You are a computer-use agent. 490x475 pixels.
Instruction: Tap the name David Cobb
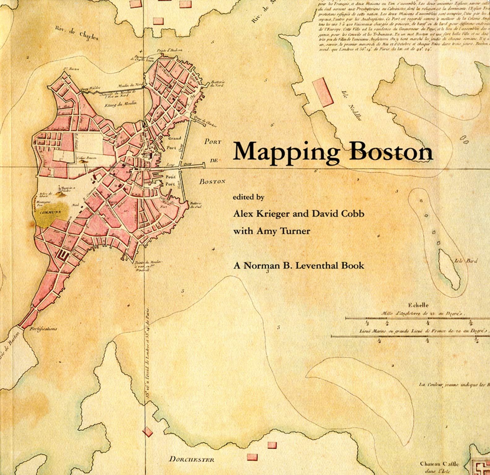338,214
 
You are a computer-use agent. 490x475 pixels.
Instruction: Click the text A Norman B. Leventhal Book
299,265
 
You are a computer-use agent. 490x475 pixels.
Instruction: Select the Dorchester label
191,459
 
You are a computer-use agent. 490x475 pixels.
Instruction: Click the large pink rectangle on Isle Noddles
322,92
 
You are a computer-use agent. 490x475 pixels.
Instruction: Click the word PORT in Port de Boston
213,142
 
